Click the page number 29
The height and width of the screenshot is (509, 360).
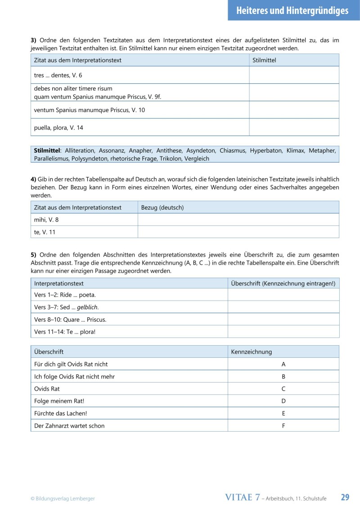tap(345, 497)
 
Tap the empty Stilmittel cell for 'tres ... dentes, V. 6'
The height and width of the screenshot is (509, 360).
tap(294, 75)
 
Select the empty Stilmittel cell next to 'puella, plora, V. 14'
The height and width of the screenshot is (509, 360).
tap(294, 127)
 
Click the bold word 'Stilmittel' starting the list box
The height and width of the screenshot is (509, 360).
tap(47, 151)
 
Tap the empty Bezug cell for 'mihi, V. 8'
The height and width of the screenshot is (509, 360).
tap(238, 220)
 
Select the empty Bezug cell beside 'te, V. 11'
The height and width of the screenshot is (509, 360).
tap(238, 232)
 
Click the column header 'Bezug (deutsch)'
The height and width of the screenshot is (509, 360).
tap(162, 207)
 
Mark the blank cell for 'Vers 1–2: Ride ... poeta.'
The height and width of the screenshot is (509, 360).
tap(283, 295)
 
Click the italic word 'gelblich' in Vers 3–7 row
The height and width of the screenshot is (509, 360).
tap(87, 307)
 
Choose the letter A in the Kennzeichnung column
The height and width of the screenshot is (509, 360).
tap(283, 364)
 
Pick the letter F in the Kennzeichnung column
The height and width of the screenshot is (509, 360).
tap(283, 425)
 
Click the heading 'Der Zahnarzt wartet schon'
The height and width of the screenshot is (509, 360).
tap(69, 425)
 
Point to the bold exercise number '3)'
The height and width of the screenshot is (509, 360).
tap(33, 40)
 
